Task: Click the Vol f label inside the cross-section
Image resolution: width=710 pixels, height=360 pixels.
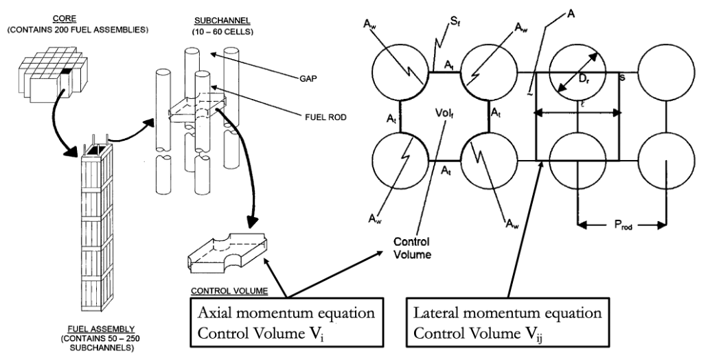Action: pos(446,112)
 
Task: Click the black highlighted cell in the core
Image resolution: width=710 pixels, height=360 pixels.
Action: pos(67,71)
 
